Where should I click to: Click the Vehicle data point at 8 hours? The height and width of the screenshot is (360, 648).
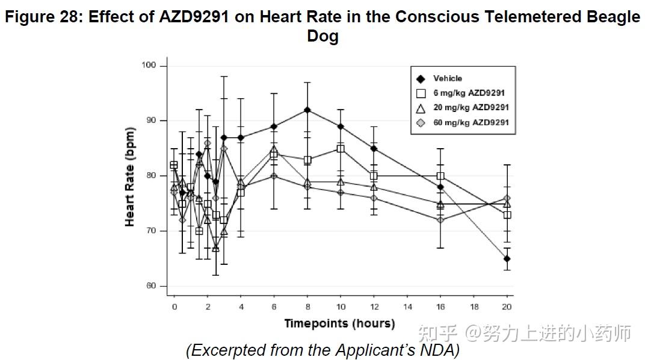point(307,110)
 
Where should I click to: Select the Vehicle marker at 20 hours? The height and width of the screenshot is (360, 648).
point(507,259)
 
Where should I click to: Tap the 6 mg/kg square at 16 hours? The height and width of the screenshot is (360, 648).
point(440,176)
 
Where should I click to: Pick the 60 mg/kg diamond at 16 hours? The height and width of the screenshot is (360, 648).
point(440,220)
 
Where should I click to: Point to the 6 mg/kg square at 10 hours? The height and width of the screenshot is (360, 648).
point(341,148)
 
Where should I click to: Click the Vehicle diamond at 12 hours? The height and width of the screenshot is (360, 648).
point(374,149)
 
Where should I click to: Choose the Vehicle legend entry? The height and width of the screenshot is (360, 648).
point(448,78)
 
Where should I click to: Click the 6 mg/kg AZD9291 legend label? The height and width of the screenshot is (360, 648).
point(469,93)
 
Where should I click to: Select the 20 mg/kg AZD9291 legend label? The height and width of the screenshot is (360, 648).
point(471,108)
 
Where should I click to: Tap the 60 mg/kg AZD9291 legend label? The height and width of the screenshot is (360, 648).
point(471,122)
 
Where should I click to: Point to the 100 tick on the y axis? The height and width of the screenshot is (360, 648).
point(149,65)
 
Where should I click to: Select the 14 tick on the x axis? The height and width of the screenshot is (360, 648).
point(407,306)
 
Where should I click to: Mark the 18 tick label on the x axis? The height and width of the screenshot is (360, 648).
point(474,306)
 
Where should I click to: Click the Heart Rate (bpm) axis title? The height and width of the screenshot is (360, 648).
point(130,176)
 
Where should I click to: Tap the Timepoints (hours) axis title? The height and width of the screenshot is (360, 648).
point(339,324)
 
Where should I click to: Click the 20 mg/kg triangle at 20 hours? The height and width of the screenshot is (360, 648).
point(507,203)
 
